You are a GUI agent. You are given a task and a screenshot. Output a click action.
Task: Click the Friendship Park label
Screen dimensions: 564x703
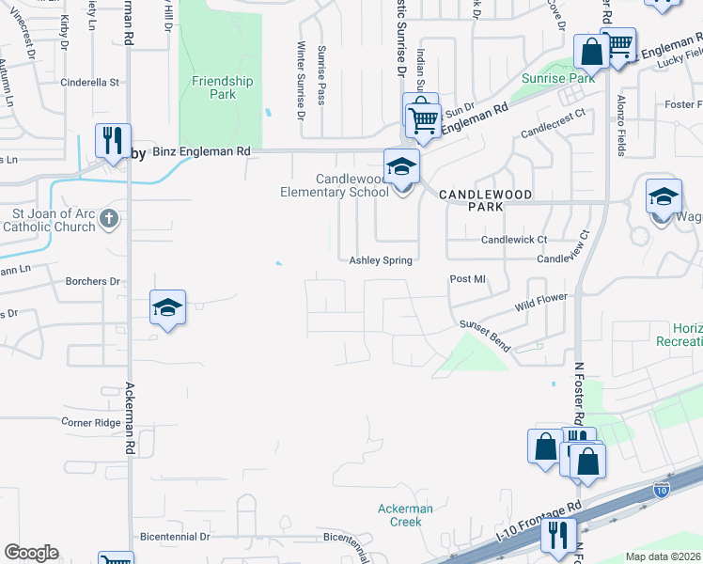(x=222, y=88)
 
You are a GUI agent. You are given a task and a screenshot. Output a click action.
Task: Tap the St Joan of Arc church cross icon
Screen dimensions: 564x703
(x=109, y=220)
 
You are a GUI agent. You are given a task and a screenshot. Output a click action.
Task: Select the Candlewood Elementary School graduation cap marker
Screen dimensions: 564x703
(x=402, y=167)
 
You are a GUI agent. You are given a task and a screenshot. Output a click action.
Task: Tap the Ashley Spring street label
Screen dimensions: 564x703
(x=381, y=260)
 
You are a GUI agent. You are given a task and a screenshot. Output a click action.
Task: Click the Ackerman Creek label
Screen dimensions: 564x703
(x=405, y=515)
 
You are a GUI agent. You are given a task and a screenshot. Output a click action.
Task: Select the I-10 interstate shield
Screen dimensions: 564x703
(x=662, y=490)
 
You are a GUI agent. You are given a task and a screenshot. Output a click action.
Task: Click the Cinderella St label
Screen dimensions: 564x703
(x=89, y=82)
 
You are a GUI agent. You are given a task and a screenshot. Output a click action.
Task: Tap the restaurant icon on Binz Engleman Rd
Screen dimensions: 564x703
(x=113, y=141)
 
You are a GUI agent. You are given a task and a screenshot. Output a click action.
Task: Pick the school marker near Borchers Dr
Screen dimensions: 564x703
(x=167, y=307)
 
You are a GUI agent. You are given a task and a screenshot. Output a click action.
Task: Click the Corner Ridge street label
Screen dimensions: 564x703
(x=91, y=423)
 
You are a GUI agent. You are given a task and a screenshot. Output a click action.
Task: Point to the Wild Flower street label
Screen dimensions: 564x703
(x=542, y=303)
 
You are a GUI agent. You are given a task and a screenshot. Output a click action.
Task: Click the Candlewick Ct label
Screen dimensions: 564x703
(x=514, y=240)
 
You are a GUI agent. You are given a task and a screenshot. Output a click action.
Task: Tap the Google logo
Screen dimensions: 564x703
(x=31, y=553)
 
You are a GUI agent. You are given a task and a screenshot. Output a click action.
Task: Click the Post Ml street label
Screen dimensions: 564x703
(x=467, y=279)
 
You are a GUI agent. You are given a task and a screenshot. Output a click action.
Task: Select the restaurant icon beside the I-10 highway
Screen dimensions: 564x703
(x=558, y=536)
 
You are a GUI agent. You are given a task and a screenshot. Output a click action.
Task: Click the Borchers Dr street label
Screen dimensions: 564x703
(x=93, y=281)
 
